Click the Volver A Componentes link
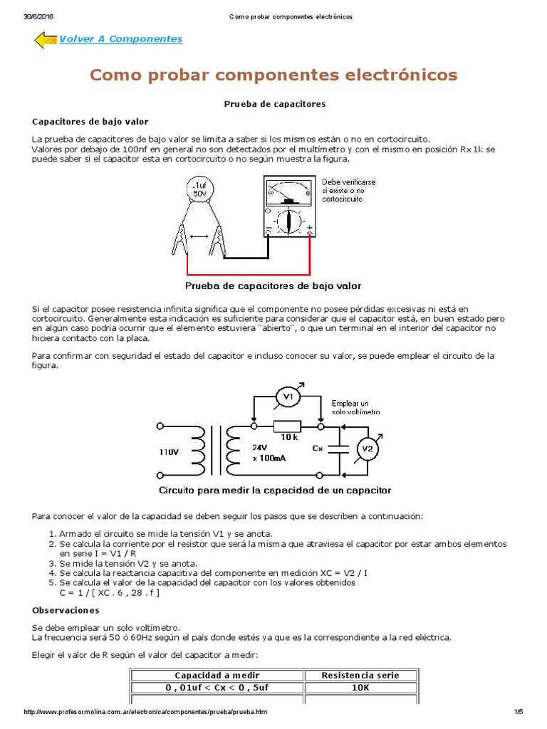pos(120,39)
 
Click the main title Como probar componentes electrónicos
pos(273,75)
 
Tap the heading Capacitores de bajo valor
pos(90,121)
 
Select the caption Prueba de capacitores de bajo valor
pos(273,286)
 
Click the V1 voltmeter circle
pos(288,396)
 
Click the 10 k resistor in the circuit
pos(288,426)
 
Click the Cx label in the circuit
pos(318,449)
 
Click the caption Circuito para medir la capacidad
pos(274,491)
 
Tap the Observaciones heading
pos(66,610)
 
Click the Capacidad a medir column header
pos(217,675)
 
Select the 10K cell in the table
pos(360,688)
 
